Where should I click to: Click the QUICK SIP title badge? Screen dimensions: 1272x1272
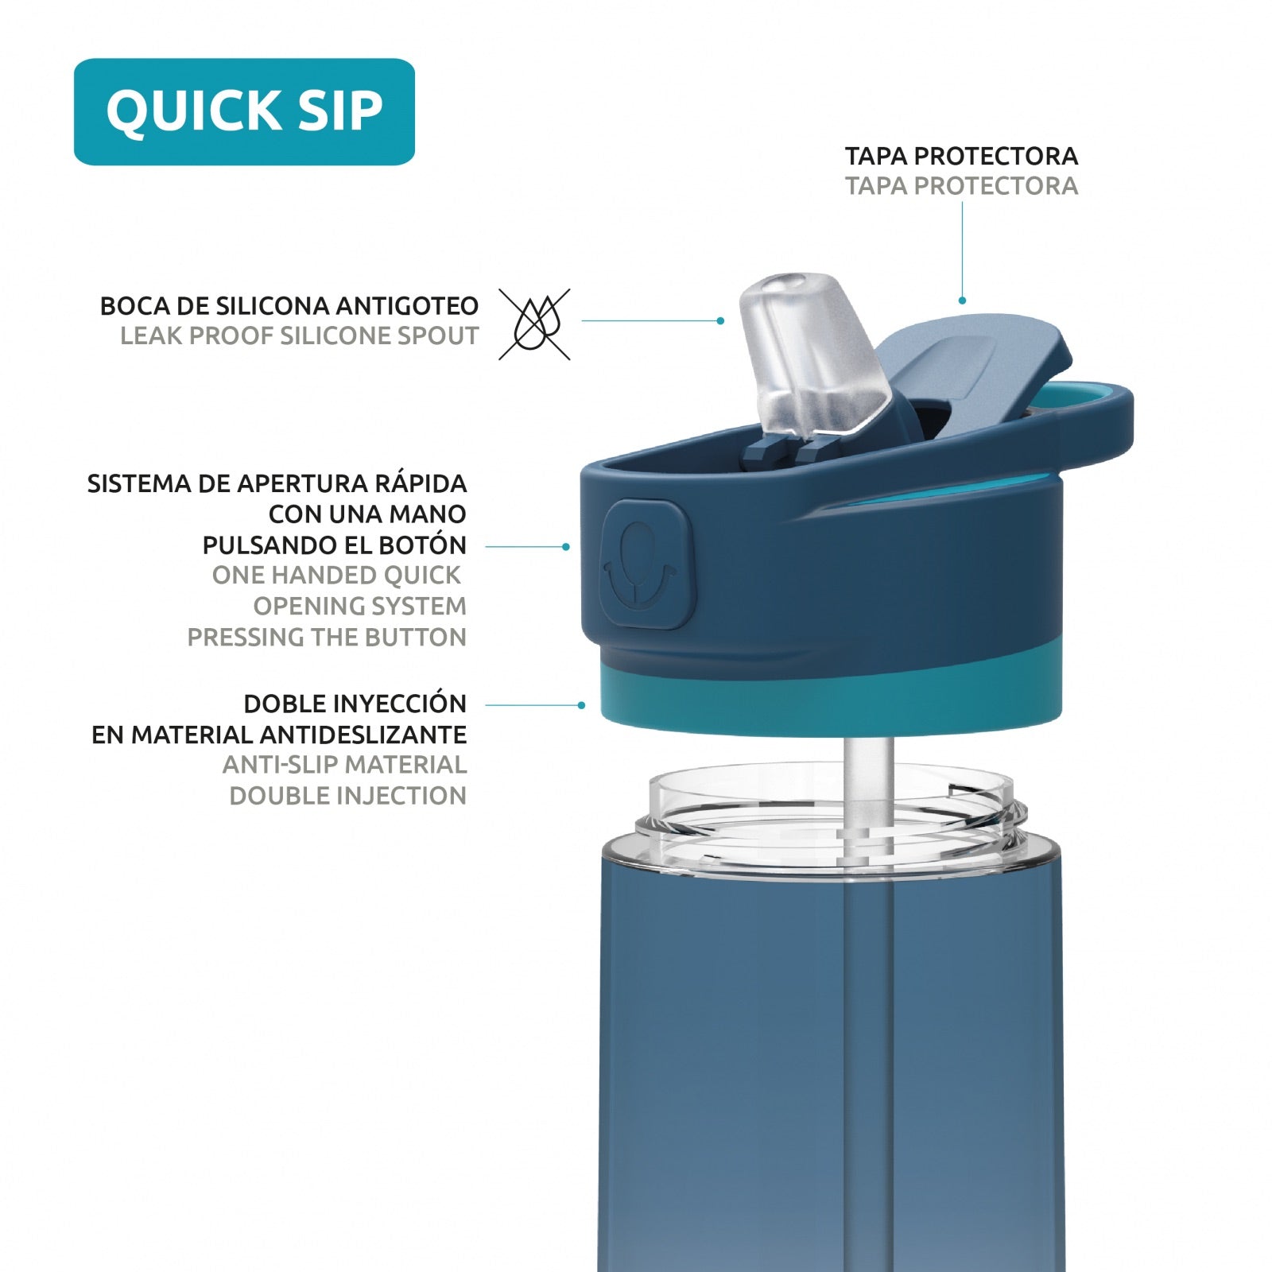244,111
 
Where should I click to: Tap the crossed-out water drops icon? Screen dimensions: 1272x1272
534,324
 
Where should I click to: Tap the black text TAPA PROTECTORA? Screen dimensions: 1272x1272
961,156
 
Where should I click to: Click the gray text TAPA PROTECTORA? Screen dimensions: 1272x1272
961,186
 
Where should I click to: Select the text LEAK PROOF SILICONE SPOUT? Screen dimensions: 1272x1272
300,336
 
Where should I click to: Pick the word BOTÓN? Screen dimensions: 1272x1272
426,545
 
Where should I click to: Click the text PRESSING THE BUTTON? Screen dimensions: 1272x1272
327,637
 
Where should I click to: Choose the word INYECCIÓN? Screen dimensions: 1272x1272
399,703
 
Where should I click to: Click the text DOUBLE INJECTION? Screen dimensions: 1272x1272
348,796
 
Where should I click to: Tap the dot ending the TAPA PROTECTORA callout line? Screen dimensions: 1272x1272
962,301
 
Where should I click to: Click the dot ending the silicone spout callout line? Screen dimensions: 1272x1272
720,320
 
